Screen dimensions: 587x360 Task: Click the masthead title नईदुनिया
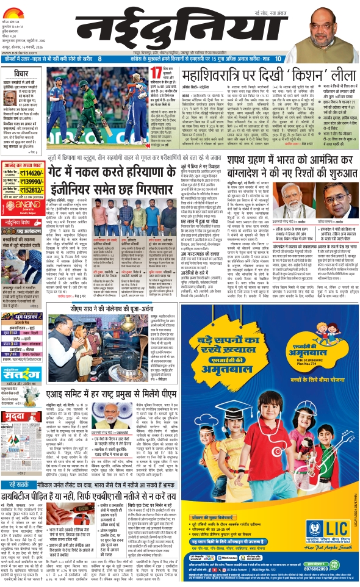(177, 27)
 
